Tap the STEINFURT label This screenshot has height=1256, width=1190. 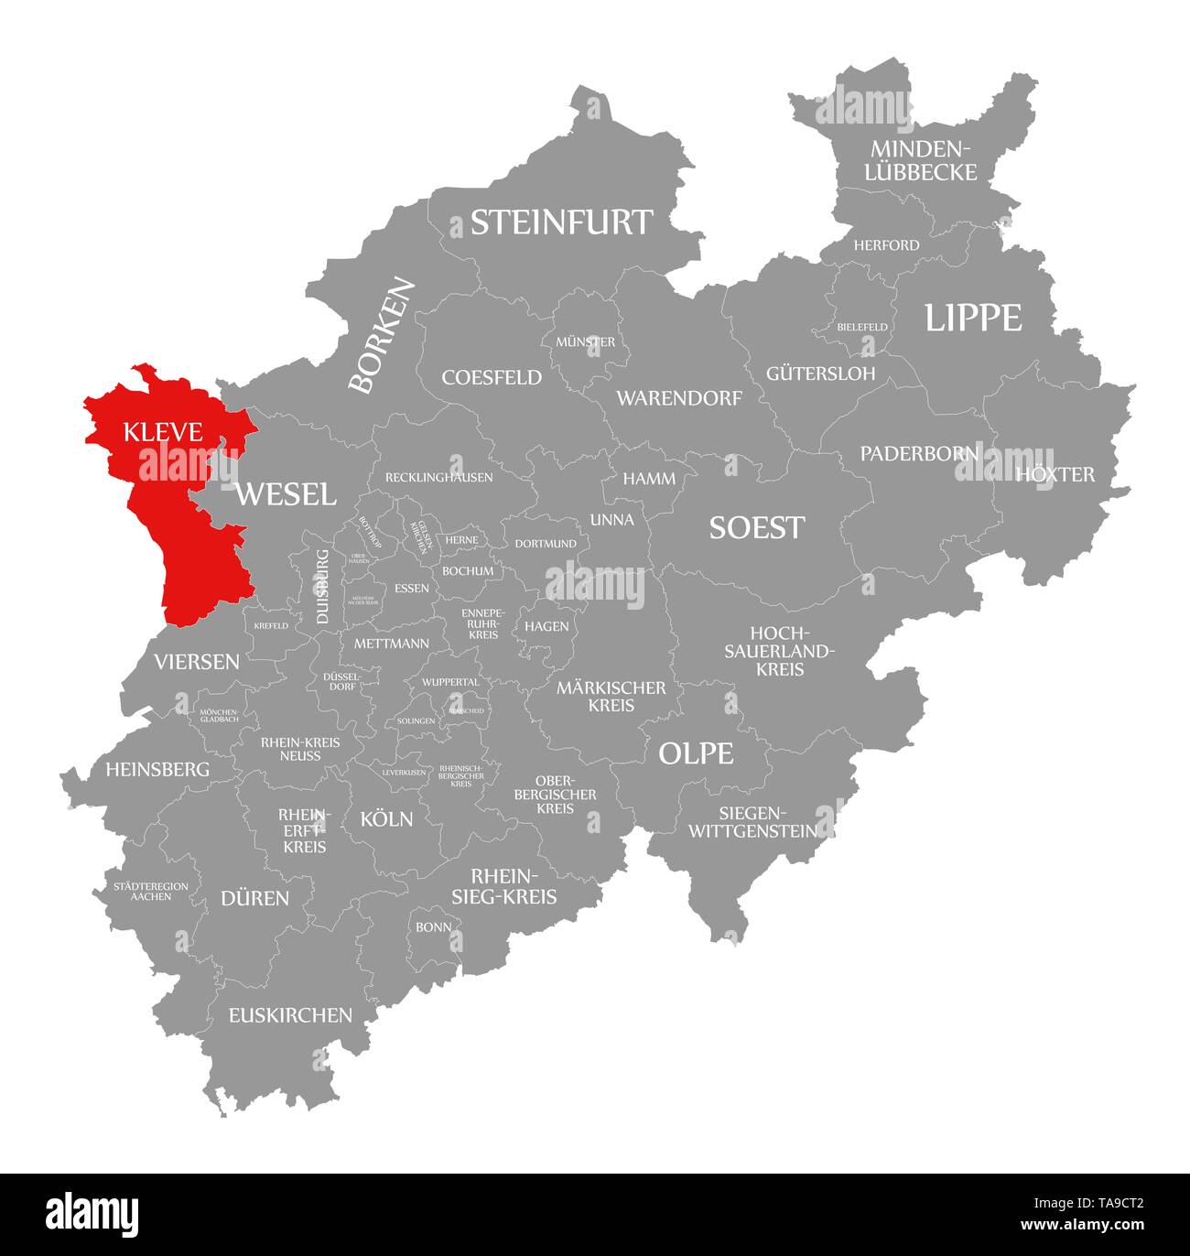[x=561, y=222]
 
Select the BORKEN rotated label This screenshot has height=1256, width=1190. [x=382, y=336]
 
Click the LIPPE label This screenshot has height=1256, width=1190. [x=972, y=318]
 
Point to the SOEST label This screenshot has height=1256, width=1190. [x=757, y=527]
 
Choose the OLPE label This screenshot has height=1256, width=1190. [x=696, y=753]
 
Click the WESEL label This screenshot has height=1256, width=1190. [x=286, y=494]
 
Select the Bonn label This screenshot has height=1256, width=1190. [x=433, y=926]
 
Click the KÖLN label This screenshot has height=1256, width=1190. [x=386, y=818]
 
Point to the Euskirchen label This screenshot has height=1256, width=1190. [x=290, y=1014]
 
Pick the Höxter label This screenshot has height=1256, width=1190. [x=1055, y=474]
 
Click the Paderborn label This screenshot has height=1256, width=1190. [x=919, y=453]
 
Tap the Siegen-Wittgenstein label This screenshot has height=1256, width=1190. [x=752, y=822]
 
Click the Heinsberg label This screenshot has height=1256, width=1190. [x=157, y=770]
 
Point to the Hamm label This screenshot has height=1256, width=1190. [x=649, y=478]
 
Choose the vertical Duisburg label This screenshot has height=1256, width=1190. [x=321, y=587]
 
